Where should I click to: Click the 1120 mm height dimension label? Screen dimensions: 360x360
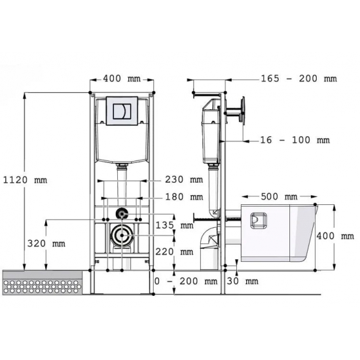tap(25, 180)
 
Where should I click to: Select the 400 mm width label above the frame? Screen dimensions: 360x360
tap(122, 79)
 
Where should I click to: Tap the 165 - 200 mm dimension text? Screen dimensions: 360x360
tap(299, 79)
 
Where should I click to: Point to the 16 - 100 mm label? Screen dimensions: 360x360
tap(295, 140)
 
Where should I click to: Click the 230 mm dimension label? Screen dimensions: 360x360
tap(184, 179)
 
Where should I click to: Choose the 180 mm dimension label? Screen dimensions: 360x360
tap(184, 197)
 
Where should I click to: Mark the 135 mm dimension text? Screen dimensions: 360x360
tap(175, 225)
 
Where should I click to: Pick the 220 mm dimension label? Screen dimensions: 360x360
tap(174, 252)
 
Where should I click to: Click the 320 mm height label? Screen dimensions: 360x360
tap(46, 243)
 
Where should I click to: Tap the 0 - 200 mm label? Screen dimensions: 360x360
tap(186, 281)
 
